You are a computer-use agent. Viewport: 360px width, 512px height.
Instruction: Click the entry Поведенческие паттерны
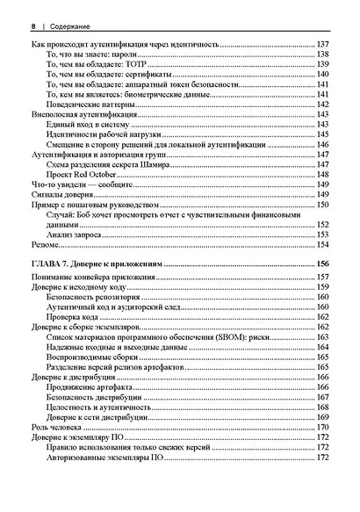tap(87, 103)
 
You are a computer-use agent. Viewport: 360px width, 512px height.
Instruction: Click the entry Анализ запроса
tap(70, 235)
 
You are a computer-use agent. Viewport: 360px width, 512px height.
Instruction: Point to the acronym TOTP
tap(140, 65)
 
